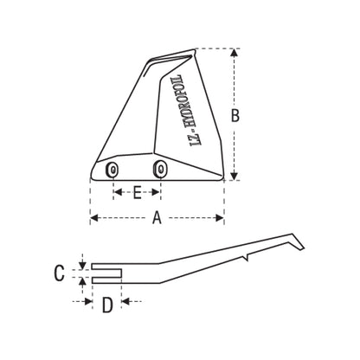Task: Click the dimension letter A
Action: click(157, 219)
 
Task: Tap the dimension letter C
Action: click(59, 273)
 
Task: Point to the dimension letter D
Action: click(107, 305)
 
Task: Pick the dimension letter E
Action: click(137, 194)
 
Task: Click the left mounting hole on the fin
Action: click(112, 170)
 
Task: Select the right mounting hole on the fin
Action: click(158, 169)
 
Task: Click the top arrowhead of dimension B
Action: click(235, 52)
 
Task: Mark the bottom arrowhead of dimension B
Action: click(235, 176)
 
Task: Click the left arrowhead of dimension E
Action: click(116, 194)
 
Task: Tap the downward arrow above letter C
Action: click(83, 260)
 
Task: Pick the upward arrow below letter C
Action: click(83, 283)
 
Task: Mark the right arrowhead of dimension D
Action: click(125, 301)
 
